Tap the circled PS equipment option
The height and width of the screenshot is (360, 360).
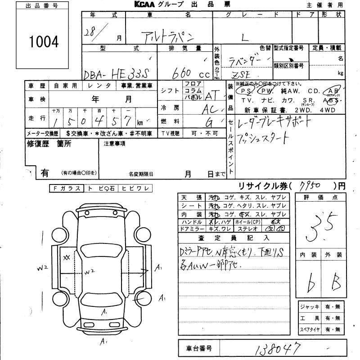(246, 90)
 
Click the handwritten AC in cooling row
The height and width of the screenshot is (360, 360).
(211, 109)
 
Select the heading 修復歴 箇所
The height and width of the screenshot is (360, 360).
(49, 144)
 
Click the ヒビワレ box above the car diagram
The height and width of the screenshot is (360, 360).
(135, 189)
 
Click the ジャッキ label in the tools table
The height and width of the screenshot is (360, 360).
(311, 307)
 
